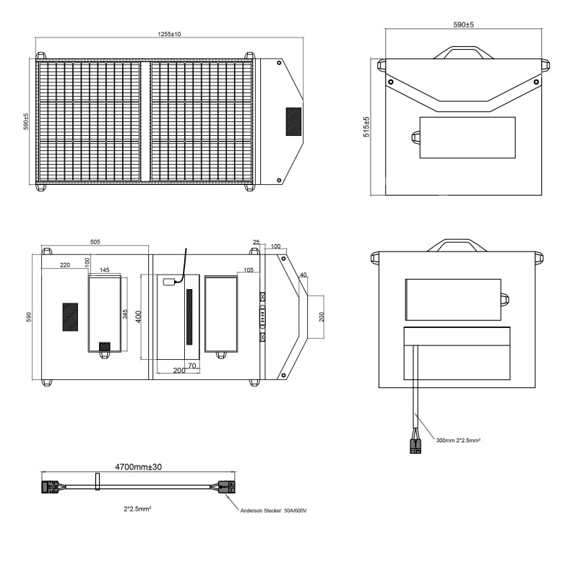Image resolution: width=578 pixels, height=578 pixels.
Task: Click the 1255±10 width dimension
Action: pos(169,34)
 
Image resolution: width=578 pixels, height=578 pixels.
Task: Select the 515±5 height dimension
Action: pos(366,127)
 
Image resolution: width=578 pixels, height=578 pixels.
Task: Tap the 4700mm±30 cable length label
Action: pos(138,467)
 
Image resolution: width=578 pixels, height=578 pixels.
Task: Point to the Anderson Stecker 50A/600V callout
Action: pos(273,511)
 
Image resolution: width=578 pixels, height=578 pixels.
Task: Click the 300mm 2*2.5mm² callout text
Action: pos(458,440)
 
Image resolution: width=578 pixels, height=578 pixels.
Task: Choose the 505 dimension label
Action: pos(95,242)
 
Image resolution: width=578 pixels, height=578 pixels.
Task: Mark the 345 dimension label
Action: pos(125,314)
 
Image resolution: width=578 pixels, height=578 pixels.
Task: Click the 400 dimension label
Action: pos(139,316)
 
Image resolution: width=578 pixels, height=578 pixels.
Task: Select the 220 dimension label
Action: pos(65,264)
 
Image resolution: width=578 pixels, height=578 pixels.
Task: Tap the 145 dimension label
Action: pos(104,269)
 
